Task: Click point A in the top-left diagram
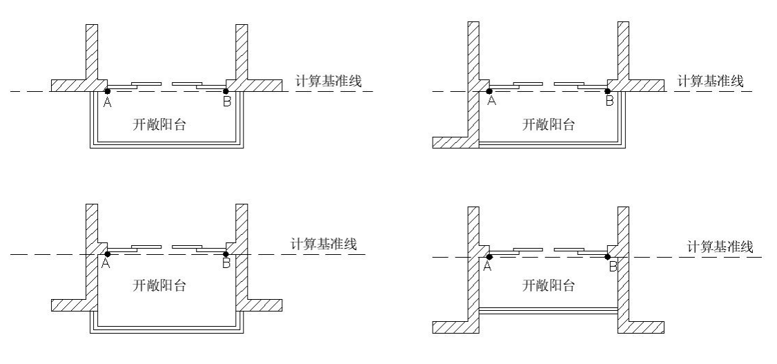tap(107, 90)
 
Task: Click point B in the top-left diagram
tap(226, 90)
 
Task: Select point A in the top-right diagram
tap(489, 90)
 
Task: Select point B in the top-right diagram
tap(608, 90)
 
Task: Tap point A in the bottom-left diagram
tap(107, 254)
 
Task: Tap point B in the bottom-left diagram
tap(226, 254)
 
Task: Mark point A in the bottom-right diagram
tap(489, 257)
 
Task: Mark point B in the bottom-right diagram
tap(608, 257)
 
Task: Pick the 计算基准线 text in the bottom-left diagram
tap(323, 244)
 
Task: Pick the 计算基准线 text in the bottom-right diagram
tap(720, 247)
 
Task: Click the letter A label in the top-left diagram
tap(107, 102)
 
